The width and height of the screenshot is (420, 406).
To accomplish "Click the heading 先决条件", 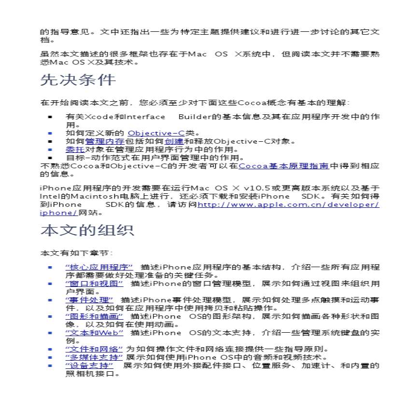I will [x=78, y=80].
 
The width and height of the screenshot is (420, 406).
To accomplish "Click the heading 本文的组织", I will [x=87, y=230].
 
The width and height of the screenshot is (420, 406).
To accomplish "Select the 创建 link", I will [x=174, y=141].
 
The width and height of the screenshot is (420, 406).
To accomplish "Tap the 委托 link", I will [x=75, y=149].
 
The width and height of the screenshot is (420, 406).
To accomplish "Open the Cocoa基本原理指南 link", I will [x=284, y=166].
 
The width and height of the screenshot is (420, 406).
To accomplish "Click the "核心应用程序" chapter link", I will [x=99, y=267].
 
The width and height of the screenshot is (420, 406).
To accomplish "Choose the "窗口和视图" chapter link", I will [x=94, y=283].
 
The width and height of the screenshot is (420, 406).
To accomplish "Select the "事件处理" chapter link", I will [x=89, y=299].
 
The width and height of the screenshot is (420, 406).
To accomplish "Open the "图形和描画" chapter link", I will [x=94, y=316].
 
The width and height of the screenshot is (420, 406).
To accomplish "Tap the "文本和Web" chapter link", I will [x=94, y=333].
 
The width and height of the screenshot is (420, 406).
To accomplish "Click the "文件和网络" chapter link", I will [x=94, y=349].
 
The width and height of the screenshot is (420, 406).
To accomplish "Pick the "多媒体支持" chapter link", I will [x=94, y=357].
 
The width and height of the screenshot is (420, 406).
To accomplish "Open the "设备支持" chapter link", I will [x=89, y=365].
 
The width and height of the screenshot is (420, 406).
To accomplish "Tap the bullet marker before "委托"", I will [x=50, y=149].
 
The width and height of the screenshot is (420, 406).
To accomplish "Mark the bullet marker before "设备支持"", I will [x=50, y=365].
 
